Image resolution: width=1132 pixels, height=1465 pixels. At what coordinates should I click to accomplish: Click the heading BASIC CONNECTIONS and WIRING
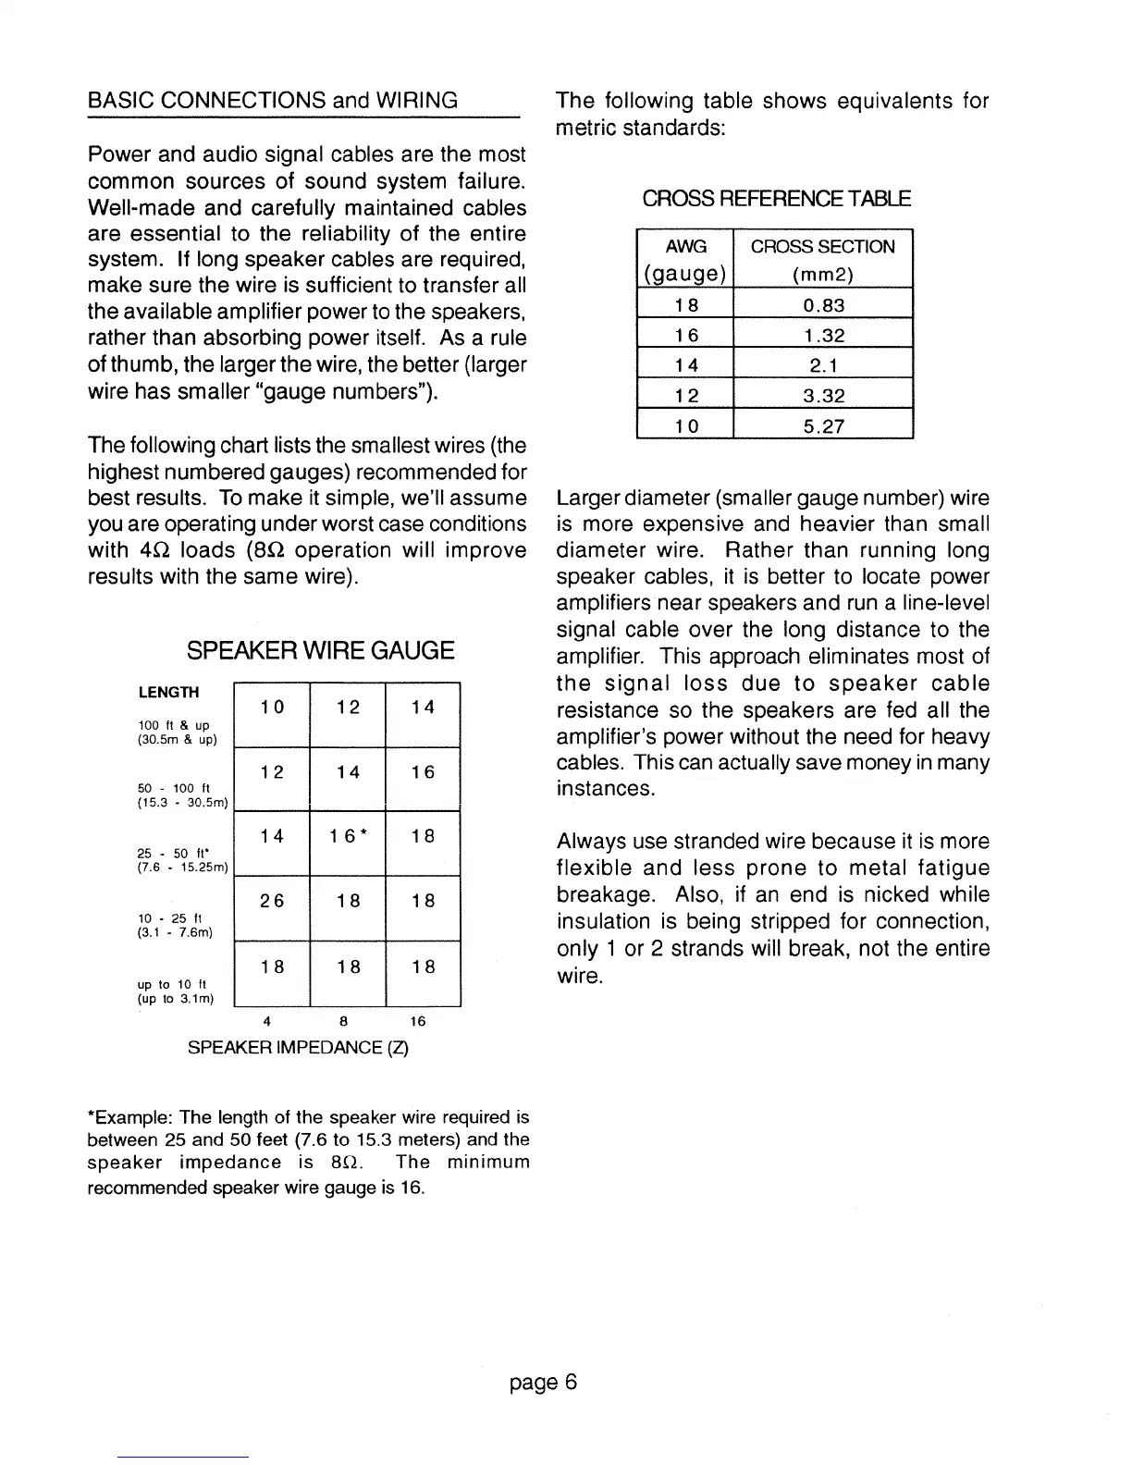[x=272, y=100]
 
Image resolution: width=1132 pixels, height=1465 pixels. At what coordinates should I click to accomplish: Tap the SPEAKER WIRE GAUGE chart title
[x=320, y=650]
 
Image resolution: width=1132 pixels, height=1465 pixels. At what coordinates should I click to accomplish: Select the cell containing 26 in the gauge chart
[x=272, y=901]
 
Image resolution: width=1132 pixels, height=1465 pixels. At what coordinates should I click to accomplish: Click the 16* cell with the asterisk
[x=348, y=836]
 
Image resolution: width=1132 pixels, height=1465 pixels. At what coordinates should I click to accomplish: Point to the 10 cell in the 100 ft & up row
[x=272, y=708]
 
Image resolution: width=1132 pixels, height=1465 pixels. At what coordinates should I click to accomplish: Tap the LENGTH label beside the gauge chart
[x=168, y=692]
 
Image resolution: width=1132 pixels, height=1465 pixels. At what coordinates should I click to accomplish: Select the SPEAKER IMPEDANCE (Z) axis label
[x=298, y=1047]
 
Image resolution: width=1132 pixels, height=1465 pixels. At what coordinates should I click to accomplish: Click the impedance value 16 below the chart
[x=418, y=1021]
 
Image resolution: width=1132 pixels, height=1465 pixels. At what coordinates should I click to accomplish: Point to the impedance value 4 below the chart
[x=266, y=1021]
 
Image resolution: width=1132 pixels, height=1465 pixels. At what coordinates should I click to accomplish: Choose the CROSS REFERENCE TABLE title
[x=776, y=199]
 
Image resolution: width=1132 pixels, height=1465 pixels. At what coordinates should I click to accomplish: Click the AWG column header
[x=685, y=246]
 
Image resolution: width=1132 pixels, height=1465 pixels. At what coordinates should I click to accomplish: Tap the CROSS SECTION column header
[x=822, y=246]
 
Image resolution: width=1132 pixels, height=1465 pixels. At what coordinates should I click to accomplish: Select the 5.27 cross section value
[x=822, y=426]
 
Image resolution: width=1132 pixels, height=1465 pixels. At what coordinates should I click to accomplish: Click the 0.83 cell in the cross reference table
[x=822, y=305]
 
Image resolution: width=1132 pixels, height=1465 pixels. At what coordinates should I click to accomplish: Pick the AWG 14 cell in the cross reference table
[x=685, y=365]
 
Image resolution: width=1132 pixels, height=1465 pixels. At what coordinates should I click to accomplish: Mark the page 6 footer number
[x=543, y=1382]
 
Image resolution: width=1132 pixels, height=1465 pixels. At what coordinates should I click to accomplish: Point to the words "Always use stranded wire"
[x=668, y=842]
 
